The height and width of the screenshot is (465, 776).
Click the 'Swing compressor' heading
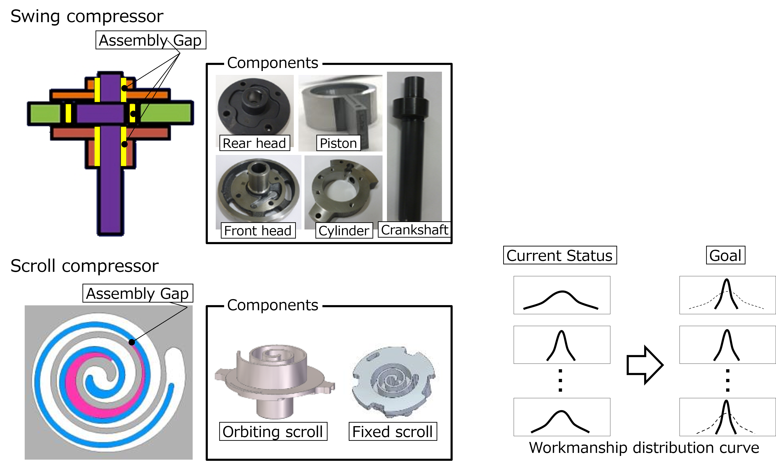coord(87,16)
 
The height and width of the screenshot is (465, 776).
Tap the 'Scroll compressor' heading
coord(85,266)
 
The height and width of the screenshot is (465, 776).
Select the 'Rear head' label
coord(254,143)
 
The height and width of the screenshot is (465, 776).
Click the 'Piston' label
coord(338,143)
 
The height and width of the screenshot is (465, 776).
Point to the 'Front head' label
coord(258,231)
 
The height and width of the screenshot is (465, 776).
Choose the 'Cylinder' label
coord(344,231)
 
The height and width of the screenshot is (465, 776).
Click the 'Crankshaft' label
coord(414,230)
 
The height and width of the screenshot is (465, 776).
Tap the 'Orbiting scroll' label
coord(273,431)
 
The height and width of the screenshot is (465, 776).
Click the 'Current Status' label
coord(560,255)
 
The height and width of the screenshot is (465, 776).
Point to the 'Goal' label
coord(725,255)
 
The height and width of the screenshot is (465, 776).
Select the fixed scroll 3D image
coord(393,382)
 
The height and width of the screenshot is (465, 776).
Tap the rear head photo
coord(254,107)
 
